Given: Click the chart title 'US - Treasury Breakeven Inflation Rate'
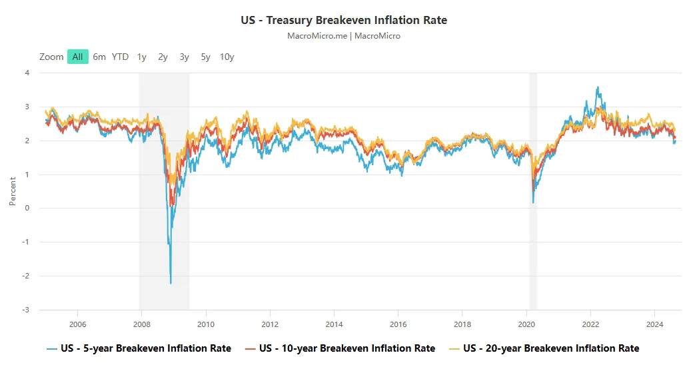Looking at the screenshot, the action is pyautogui.click(x=344, y=21).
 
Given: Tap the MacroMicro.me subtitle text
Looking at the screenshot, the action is pyautogui.click(x=317, y=36).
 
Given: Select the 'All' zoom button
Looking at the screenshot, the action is pyautogui.click(x=77, y=57).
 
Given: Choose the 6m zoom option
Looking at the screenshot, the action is pyautogui.click(x=99, y=57).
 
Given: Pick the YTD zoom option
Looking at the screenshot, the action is pyautogui.click(x=120, y=57).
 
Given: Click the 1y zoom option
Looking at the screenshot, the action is pyautogui.click(x=142, y=57).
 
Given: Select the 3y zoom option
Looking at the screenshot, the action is pyautogui.click(x=185, y=57).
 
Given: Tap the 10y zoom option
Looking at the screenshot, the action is pyautogui.click(x=227, y=57).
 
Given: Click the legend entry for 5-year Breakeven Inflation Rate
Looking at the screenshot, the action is pyautogui.click(x=139, y=348).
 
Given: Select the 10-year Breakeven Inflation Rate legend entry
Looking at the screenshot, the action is pyautogui.click(x=340, y=348).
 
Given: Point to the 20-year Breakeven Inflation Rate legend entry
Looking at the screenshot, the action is pyautogui.click(x=544, y=348).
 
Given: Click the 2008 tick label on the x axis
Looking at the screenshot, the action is pyautogui.click(x=142, y=324).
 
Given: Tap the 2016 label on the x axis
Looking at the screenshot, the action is pyautogui.click(x=398, y=324).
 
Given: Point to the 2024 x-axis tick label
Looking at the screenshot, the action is pyautogui.click(x=654, y=324).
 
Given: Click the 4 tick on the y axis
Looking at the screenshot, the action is pyautogui.click(x=27, y=73).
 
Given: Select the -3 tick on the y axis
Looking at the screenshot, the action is pyautogui.click(x=26, y=310).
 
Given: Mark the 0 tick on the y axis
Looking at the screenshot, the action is pyautogui.click(x=27, y=208).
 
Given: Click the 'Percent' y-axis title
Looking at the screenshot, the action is pyautogui.click(x=13, y=191).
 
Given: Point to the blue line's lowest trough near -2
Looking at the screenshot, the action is pyautogui.click(x=171, y=283).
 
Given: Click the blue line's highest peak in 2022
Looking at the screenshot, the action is pyautogui.click(x=598, y=87).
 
